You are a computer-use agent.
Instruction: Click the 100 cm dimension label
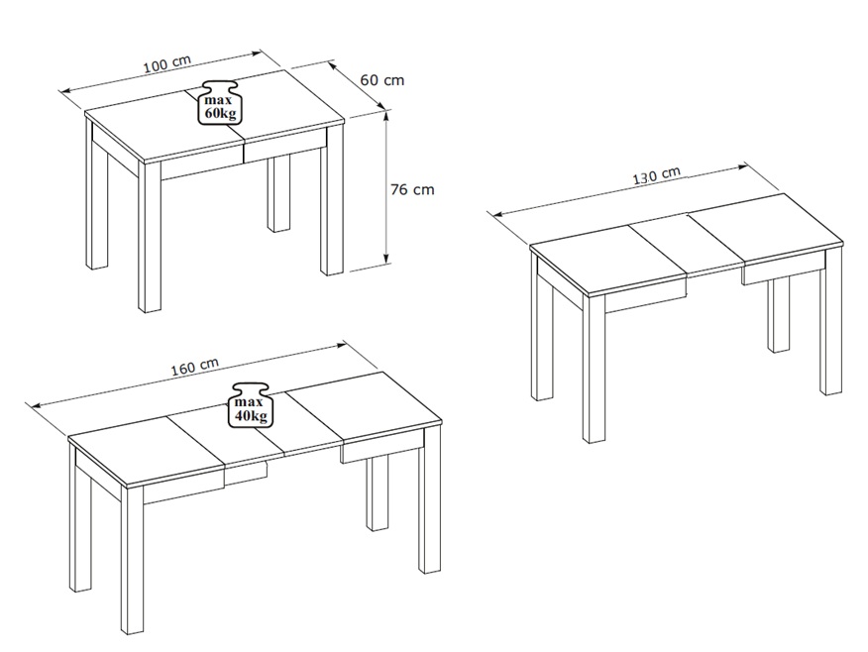pyautogui.click(x=167, y=63)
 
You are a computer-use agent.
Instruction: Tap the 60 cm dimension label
pyautogui.click(x=382, y=80)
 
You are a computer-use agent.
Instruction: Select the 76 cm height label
pyautogui.click(x=412, y=189)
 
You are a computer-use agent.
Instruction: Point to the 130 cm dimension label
pyautogui.click(x=657, y=176)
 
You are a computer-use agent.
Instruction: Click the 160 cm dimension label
pyautogui.click(x=194, y=367)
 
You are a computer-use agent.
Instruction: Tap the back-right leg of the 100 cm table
pyautogui.click(x=279, y=194)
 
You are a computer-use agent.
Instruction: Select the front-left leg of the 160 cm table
pyautogui.click(x=132, y=560)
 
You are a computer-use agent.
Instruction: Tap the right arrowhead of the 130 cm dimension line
pyautogui.click(x=741, y=167)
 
